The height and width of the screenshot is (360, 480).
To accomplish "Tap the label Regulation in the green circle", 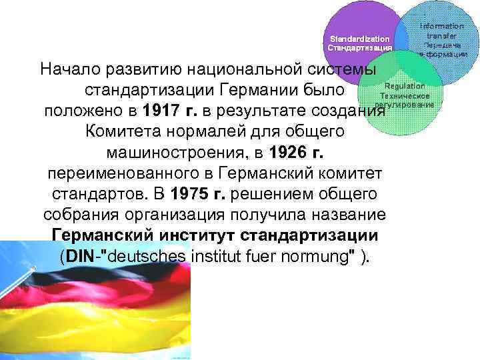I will pyautogui.click(x=404, y=86).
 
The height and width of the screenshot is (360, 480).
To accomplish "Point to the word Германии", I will pyautogui.click(x=262, y=89).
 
